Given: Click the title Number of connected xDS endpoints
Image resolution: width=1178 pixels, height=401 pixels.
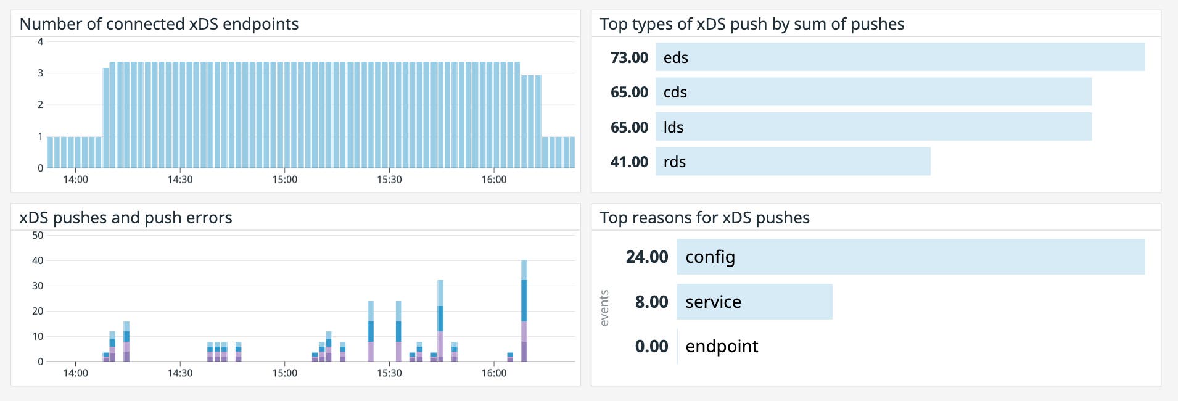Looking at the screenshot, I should [159, 24].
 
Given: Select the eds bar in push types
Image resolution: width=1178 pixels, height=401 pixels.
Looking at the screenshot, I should [900, 57].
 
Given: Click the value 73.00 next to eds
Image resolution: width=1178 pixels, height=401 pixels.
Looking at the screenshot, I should [629, 57].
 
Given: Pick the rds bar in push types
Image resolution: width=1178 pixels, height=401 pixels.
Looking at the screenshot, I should [793, 162].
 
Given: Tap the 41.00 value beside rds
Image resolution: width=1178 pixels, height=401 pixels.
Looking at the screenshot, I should [629, 162].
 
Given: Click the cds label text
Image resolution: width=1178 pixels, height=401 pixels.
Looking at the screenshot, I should [675, 92].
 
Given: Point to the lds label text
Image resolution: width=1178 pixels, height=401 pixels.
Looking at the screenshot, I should [673, 127].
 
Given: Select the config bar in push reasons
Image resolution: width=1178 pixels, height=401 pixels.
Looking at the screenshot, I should [910, 257].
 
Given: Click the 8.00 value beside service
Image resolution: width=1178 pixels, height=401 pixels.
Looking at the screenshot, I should [651, 302].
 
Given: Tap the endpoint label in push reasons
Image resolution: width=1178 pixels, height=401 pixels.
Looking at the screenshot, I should [722, 346].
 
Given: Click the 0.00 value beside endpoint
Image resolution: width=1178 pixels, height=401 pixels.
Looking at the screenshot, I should [651, 346].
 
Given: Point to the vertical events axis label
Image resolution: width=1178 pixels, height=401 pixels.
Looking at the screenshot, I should [604, 308].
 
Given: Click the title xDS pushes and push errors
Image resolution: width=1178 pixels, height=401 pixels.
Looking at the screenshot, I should [126, 218].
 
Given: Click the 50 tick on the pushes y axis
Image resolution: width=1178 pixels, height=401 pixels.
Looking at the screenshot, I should [38, 235].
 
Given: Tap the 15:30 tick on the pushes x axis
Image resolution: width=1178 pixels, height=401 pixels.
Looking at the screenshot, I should [389, 373].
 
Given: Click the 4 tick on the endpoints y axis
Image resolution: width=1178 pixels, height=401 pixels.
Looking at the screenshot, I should [40, 42].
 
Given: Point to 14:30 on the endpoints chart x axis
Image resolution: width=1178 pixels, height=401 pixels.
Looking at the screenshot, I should [180, 180].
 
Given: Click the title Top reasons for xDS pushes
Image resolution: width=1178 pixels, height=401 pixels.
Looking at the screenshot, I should [704, 218].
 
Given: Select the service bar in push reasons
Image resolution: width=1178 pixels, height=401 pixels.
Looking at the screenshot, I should [754, 302].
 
